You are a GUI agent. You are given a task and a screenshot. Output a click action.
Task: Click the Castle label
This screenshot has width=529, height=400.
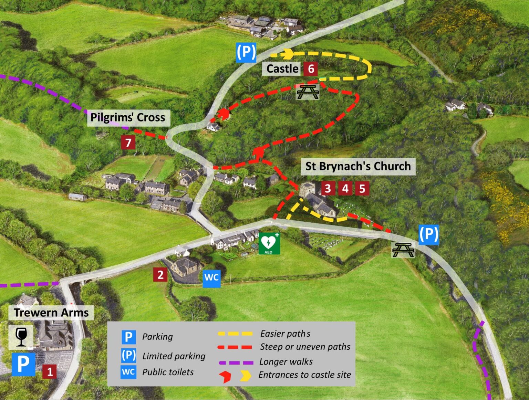[282, 69]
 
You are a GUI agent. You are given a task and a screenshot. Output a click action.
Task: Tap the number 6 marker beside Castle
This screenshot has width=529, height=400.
[311, 69]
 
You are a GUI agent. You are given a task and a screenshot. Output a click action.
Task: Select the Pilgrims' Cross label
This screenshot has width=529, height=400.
[128, 117]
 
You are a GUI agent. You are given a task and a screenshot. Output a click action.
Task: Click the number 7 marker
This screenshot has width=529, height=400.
[128, 142]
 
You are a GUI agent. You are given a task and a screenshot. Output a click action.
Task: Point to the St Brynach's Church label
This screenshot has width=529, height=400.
[358, 166]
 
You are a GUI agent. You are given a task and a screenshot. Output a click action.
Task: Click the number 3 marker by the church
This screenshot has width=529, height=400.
[328, 188]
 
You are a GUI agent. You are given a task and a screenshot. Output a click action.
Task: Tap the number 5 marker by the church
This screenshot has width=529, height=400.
[362, 188]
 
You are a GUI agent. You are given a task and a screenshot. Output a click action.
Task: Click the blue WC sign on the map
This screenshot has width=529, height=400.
[211, 277]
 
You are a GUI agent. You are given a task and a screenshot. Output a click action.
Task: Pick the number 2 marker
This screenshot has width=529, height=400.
[160, 275]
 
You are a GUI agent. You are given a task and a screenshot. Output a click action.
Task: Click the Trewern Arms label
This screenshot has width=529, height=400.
[51, 313]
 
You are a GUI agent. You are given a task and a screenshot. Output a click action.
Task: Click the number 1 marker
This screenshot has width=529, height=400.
[50, 371]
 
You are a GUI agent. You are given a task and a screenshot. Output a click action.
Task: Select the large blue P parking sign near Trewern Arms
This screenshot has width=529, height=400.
[23, 364]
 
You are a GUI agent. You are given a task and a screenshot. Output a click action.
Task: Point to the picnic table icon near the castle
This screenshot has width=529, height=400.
[308, 92]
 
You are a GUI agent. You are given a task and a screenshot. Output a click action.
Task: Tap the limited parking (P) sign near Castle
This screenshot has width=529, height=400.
[246, 52]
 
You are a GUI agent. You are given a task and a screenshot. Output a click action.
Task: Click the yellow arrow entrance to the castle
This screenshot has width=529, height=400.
[288, 54]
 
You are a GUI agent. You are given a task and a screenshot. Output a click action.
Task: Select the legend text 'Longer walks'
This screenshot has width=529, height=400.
[286, 362]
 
